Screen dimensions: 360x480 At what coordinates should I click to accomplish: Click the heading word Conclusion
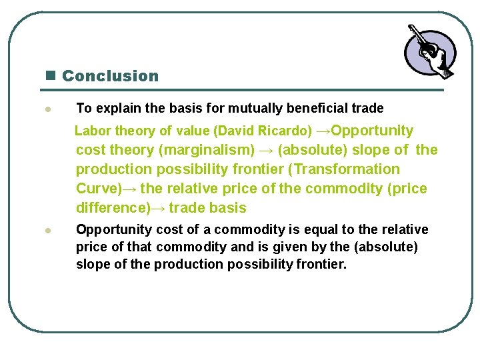tap(110, 76)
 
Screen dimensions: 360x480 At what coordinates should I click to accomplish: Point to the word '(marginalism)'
tap(213, 150)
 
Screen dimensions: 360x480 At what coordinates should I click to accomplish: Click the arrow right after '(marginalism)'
tap(266, 150)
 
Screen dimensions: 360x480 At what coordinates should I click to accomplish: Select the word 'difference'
tap(111, 208)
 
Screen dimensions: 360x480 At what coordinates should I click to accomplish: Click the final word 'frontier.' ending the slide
tap(320, 265)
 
